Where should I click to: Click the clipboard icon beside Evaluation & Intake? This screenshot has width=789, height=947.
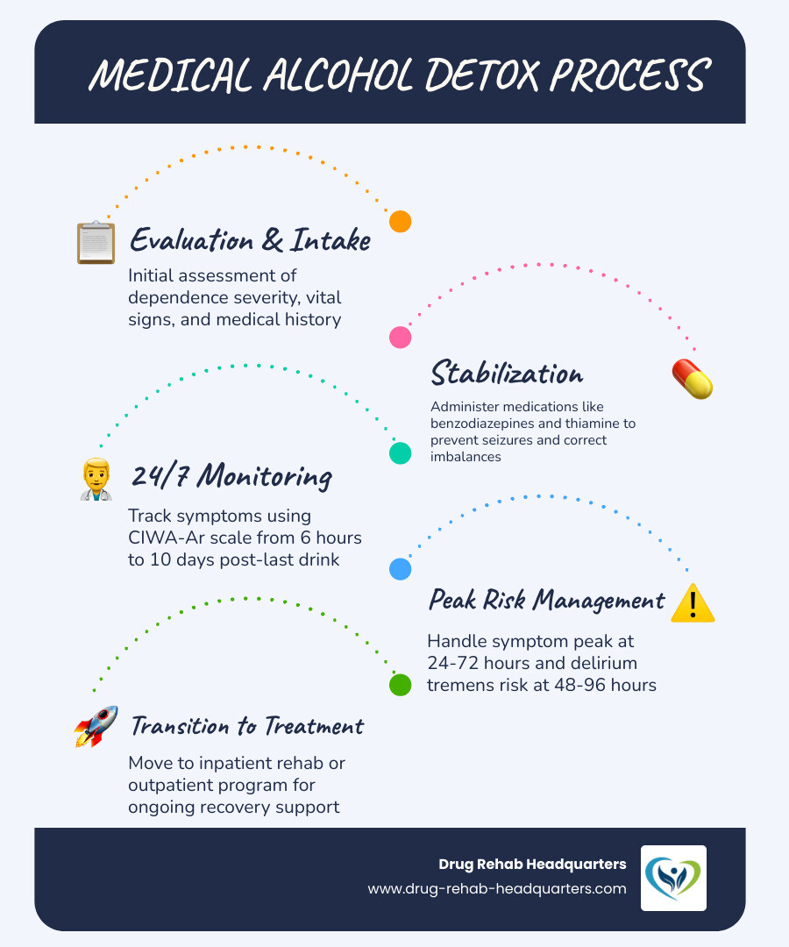point(96,242)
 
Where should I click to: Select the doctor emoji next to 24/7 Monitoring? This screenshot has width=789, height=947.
point(96,478)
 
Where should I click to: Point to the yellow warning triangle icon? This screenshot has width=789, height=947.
point(692,603)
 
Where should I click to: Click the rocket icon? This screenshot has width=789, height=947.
point(96,726)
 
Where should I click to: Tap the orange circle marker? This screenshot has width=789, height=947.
point(400,221)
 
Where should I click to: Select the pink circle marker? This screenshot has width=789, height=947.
point(400,337)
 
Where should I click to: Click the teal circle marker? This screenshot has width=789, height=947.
point(400,452)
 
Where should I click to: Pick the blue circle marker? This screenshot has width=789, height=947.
point(400,569)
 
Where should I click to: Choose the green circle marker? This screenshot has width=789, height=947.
point(400,685)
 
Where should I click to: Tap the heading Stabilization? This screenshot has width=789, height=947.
point(507,374)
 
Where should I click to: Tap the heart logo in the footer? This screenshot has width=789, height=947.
point(673,878)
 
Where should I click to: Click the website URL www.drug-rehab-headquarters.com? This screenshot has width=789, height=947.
point(497,888)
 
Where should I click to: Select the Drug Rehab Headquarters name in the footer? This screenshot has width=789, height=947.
point(532,865)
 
